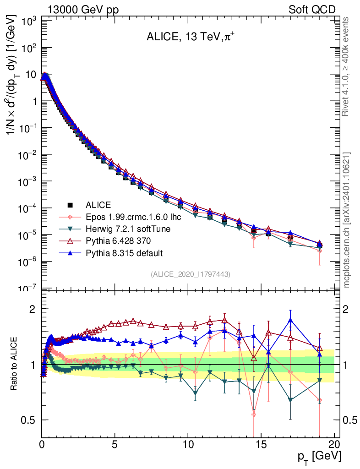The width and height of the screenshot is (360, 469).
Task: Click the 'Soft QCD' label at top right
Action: pos(312,10)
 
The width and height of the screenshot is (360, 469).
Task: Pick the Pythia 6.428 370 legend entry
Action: pos(119,241)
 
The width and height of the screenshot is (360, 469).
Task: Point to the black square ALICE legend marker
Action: pos(70,205)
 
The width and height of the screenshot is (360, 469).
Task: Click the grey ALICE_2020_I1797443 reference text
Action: pos(190,274)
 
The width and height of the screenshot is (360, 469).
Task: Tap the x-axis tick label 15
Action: pos(261,444)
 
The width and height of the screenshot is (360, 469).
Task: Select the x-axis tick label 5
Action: pos(115,444)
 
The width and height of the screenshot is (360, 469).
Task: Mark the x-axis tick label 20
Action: pos(334,444)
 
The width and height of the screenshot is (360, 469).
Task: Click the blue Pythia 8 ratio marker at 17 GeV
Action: pos(290,320)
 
